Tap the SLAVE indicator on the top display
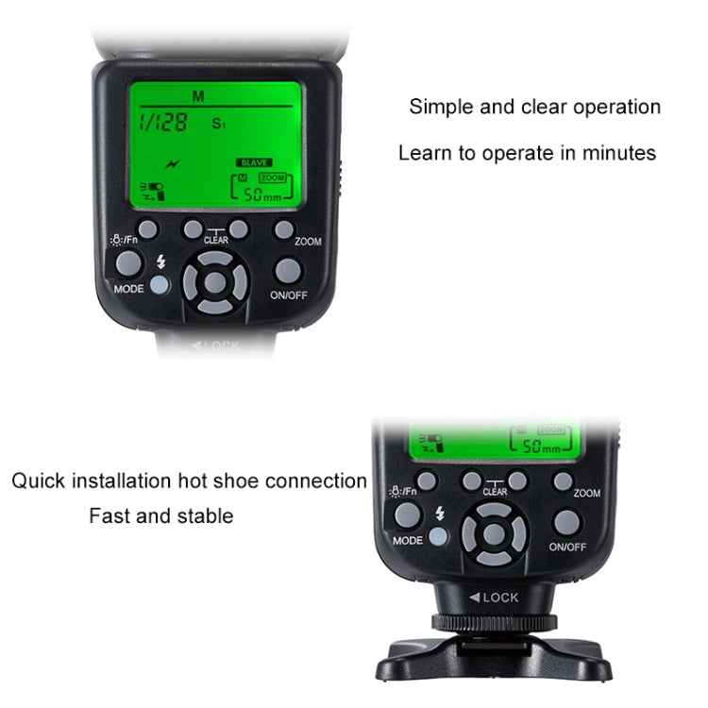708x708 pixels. (254, 162)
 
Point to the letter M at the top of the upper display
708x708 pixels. (198, 96)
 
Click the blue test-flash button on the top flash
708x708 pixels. (159, 285)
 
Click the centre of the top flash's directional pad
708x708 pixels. (216, 282)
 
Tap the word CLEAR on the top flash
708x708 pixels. (215, 241)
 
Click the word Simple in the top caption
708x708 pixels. (436, 107)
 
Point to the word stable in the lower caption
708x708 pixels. (206, 516)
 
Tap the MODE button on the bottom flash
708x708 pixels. (409, 515)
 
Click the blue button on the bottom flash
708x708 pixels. (438, 538)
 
